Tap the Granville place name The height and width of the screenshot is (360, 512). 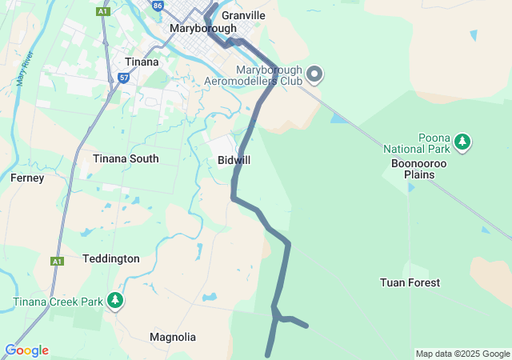pos(242,15)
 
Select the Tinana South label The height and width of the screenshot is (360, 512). pos(126,158)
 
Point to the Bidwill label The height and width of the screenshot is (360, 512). pos(234,160)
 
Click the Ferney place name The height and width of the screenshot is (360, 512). pos(27,178)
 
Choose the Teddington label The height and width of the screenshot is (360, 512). pos(111,258)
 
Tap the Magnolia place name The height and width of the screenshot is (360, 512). pos(173,337)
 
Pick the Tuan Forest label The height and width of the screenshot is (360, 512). pos(410,282)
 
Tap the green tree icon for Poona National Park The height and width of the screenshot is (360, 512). pos(462,142)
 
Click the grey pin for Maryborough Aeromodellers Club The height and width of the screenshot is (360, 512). pos(314,74)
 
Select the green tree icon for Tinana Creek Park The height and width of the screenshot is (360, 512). pos(116,301)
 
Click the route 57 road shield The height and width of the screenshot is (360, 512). pos(123,78)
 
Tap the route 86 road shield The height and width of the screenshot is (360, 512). pos(157,5)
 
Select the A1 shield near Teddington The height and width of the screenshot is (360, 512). pos(56,261)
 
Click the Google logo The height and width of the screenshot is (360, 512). pos(26,350)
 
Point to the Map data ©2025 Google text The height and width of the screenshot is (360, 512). pos(462,354)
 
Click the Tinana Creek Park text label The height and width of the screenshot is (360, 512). pos(58,302)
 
